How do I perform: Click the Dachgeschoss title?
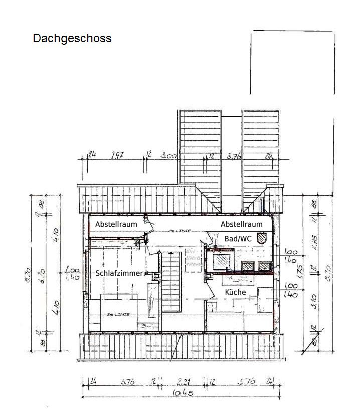[72, 38]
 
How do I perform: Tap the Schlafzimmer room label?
[119, 273]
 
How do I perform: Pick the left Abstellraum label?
[116, 224]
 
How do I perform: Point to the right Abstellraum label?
[241, 224]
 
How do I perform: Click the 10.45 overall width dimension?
[184, 393]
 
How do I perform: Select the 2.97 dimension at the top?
[118, 156]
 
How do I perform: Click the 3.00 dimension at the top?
[169, 156]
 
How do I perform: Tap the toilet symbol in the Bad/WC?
[261, 237]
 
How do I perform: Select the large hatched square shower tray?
[221, 261]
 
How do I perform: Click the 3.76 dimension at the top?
[234, 156]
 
